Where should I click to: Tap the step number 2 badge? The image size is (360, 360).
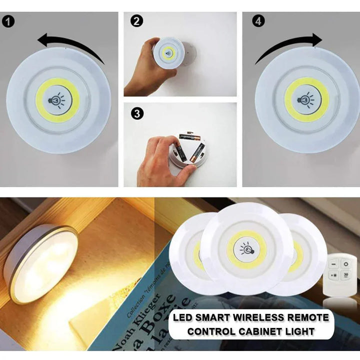point(136,21)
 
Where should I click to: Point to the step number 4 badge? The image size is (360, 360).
point(259,21)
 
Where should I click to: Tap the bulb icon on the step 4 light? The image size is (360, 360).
point(306,99)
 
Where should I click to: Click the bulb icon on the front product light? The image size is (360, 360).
point(246,247)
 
